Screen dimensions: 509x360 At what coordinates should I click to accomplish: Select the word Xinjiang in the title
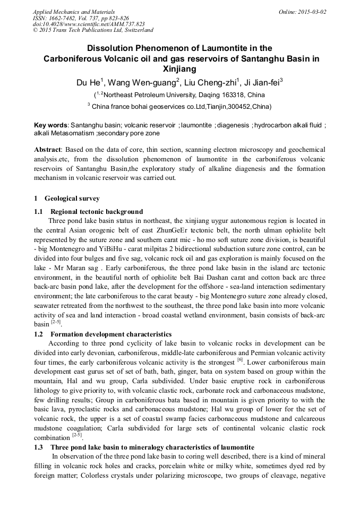[x=179, y=69]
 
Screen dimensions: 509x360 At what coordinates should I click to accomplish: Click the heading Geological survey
[x=72, y=199]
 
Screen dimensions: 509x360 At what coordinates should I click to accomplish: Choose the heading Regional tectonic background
[x=97, y=211]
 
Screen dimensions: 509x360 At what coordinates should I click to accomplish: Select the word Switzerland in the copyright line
[x=135, y=30]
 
